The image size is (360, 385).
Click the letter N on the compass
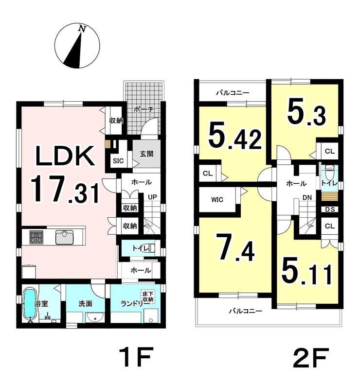(82, 29)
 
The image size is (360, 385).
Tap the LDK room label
(65, 156)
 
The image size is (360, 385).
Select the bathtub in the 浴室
(30, 304)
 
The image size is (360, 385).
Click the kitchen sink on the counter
(64, 237)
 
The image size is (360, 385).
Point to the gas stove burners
(36, 237)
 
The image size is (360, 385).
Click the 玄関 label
(147, 154)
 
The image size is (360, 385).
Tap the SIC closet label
(118, 161)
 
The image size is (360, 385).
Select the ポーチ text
(144, 109)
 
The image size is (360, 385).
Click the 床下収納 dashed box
(148, 297)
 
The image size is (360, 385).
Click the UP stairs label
(152, 197)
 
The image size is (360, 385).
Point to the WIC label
(217, 200)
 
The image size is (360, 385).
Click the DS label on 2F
(330, 210)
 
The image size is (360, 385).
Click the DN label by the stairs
(307, 197)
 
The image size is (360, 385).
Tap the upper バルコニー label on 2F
(233, 93)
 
